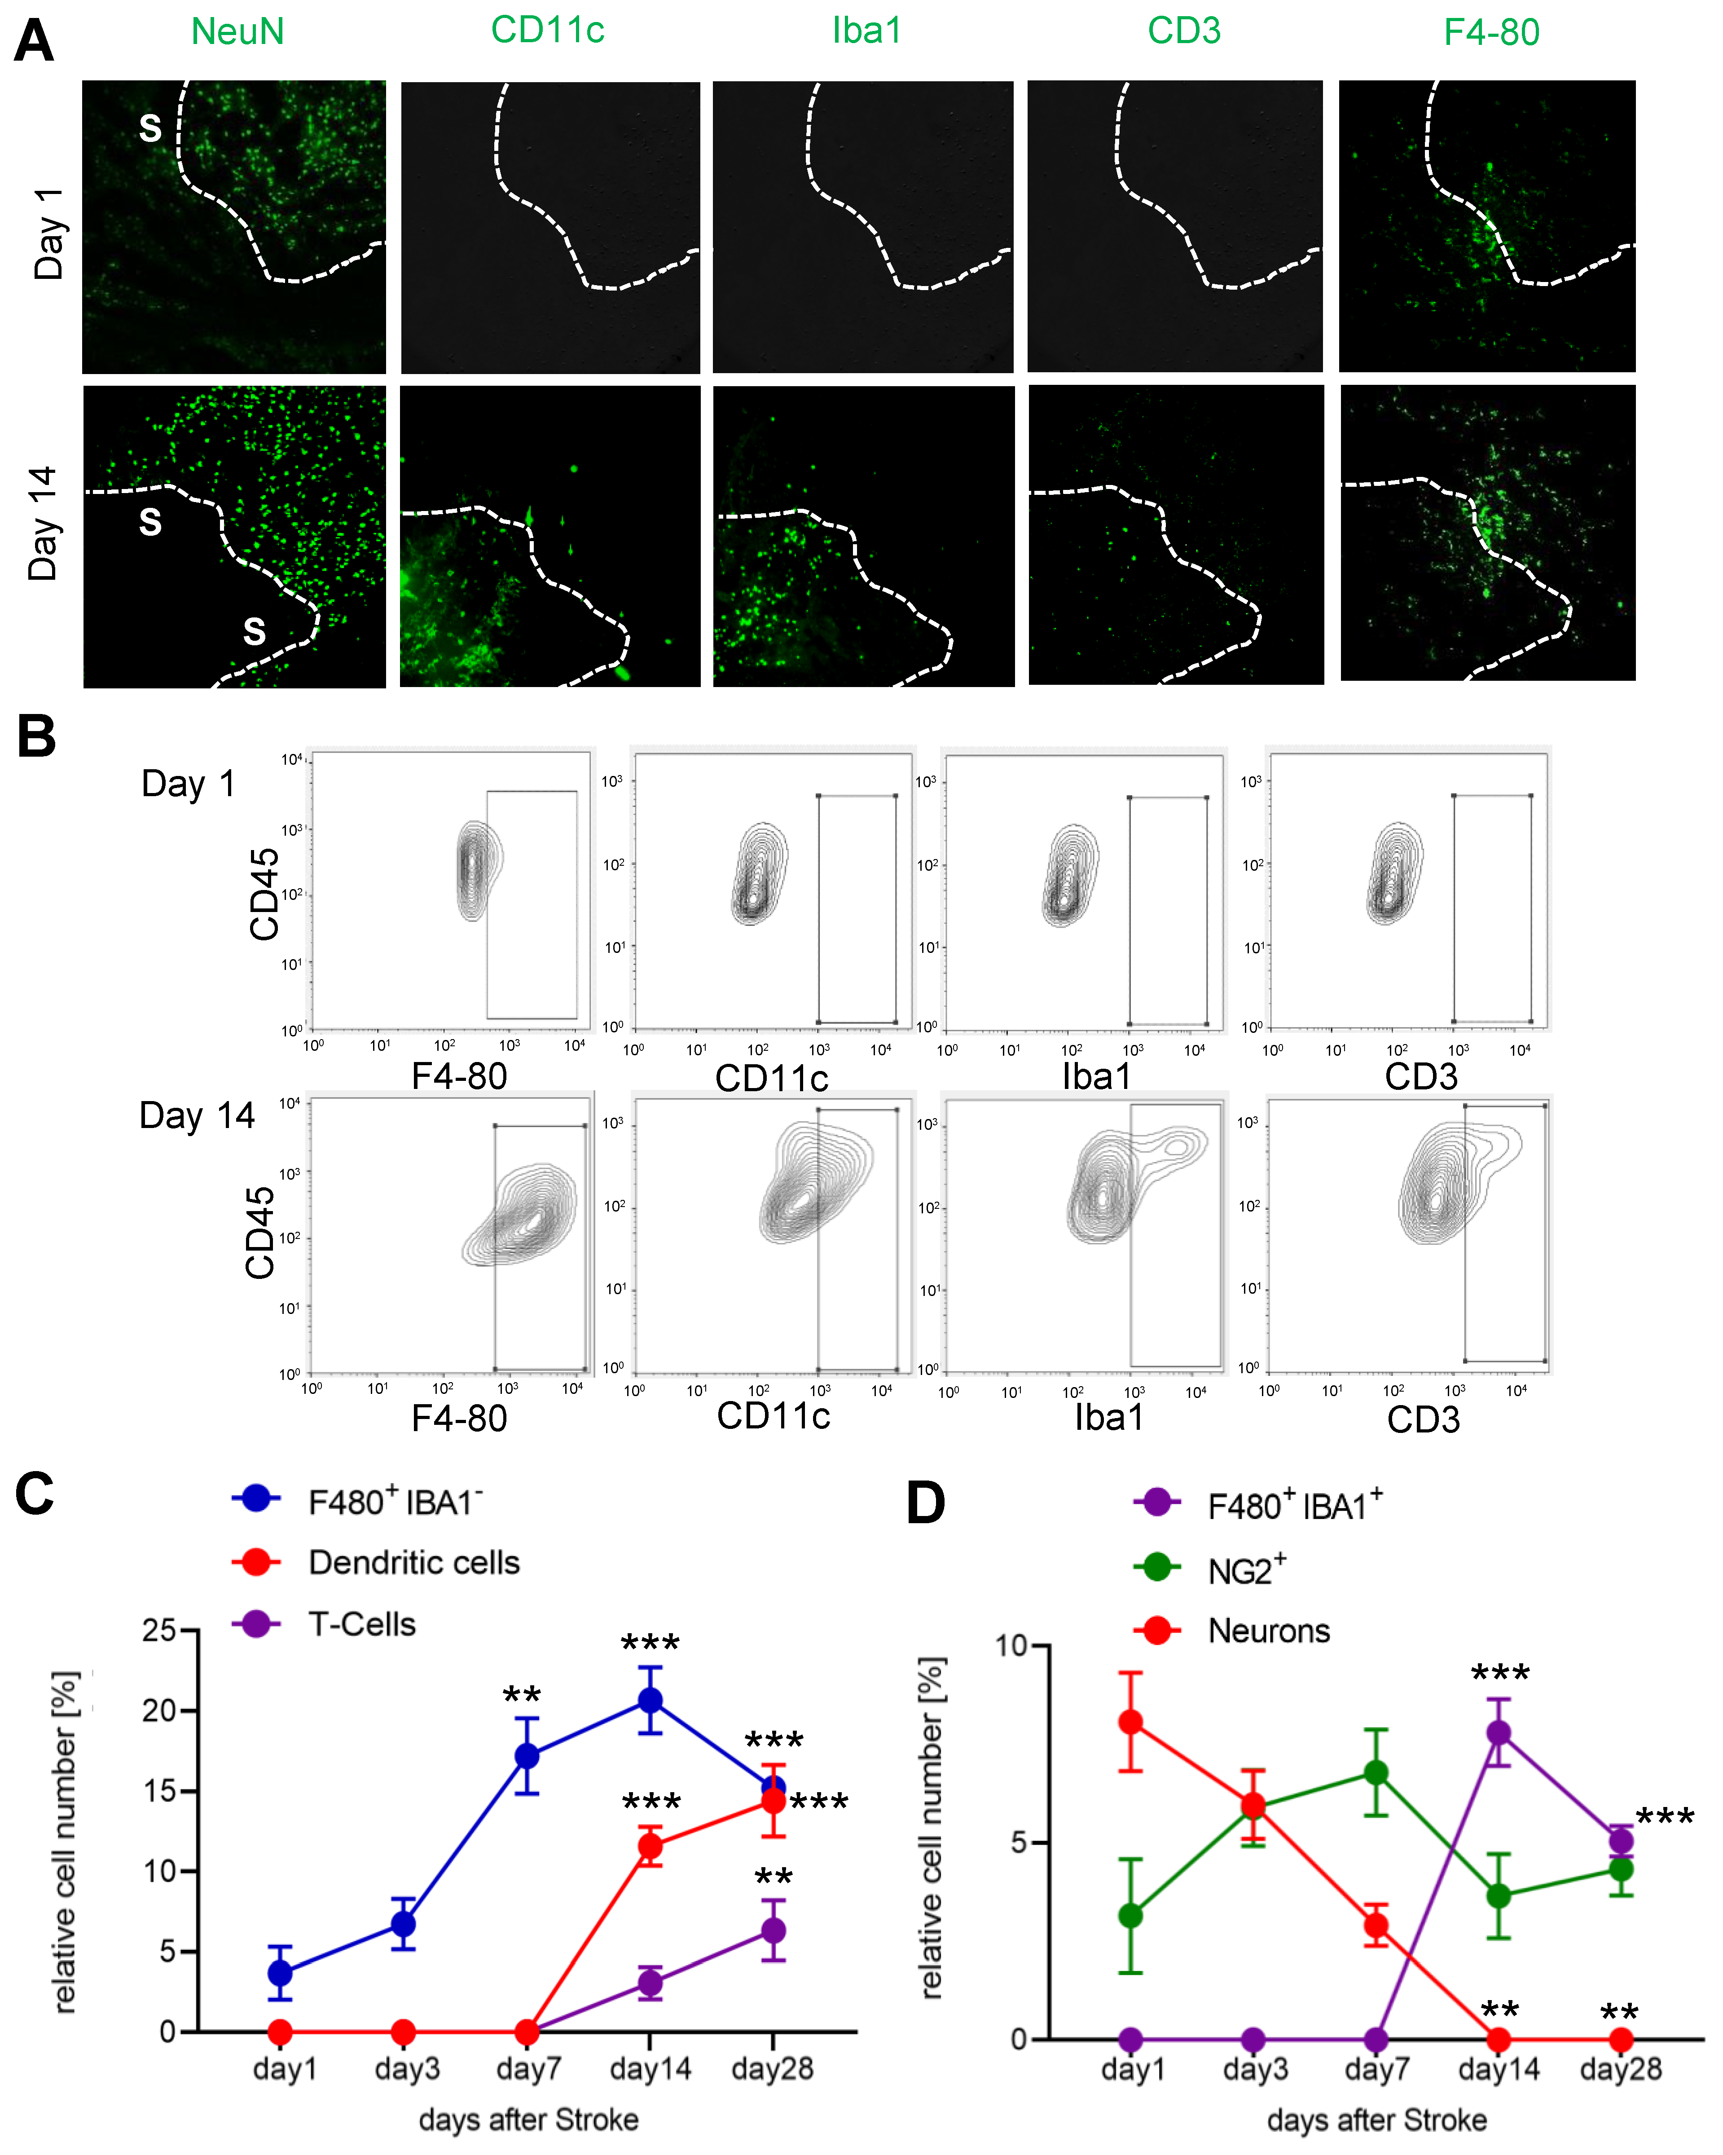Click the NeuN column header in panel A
point(238,32)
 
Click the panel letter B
point(36,738)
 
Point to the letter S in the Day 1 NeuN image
point(150,128)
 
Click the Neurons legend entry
point(1268,1631)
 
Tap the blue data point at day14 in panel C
point(650,1700)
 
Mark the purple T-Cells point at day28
point(773,1930)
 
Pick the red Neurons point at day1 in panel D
point(1130,1722)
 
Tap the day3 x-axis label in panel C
point(407,2068)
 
